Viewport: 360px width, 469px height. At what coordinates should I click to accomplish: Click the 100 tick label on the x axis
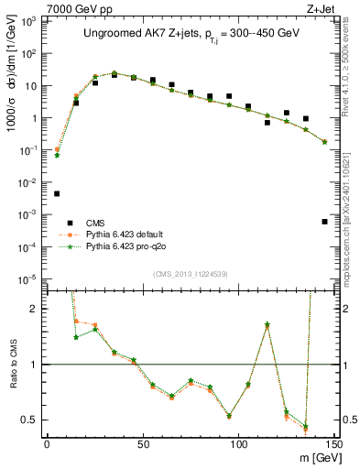pyautogui.click(x=238, y=442)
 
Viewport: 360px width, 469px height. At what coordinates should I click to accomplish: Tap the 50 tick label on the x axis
pyautogui.click(x=142, y=442)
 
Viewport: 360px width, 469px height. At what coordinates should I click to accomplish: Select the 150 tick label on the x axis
pyautogui.click(x=333, y=442)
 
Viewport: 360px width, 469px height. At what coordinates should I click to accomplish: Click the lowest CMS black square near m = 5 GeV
pyautogui.click(x=57, y=193)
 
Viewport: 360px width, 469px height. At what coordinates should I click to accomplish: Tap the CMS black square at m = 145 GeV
pyautogui.click(x=325, y=222)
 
